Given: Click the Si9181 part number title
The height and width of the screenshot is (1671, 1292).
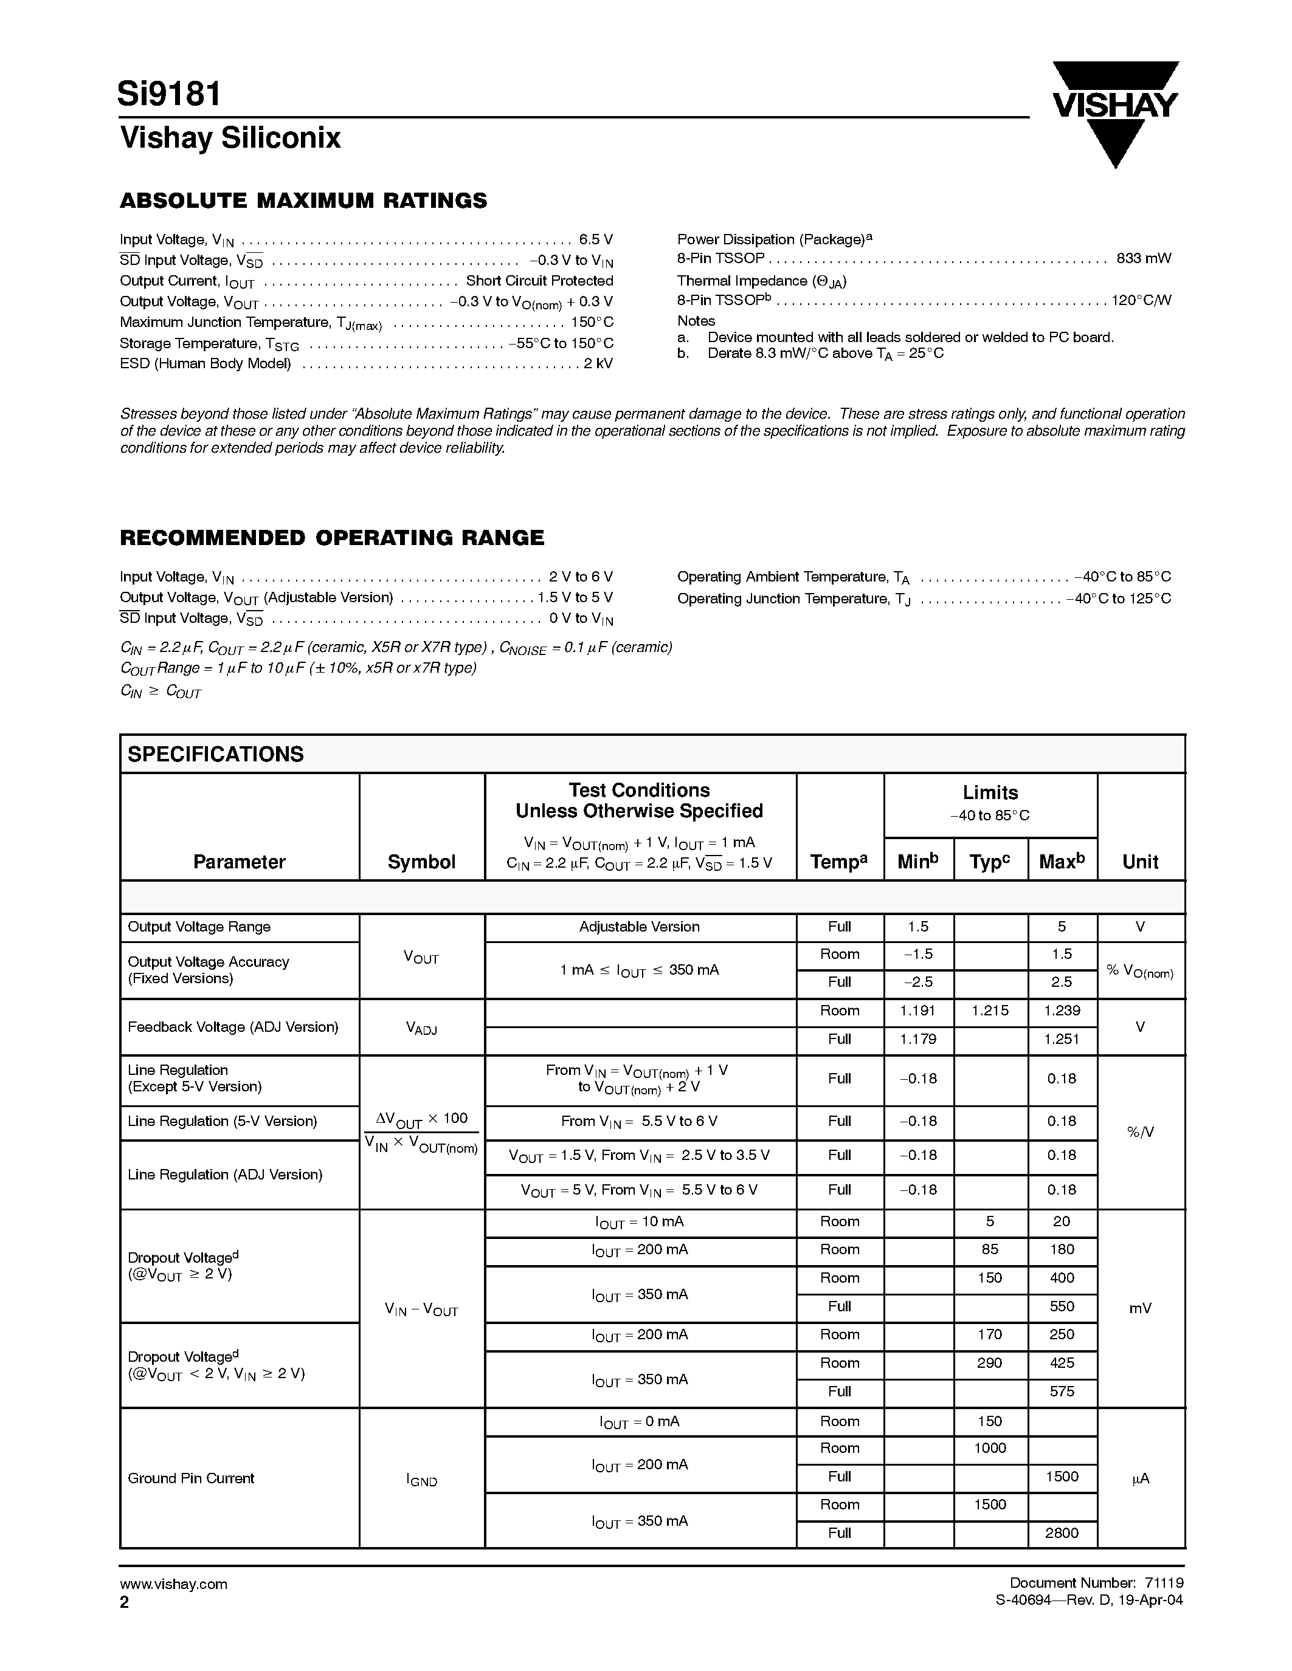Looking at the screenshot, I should (170, 94).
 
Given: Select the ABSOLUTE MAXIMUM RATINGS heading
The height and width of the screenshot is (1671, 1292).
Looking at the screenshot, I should (303, 201).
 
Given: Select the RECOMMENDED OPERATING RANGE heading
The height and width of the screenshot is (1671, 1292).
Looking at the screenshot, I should (332, 538).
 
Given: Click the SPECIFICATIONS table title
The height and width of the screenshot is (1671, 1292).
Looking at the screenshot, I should (215, 755).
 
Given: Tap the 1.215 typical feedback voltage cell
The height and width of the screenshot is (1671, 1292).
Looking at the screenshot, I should (990, 1010).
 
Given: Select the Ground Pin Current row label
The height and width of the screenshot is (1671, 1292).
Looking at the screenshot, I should (190, 1478).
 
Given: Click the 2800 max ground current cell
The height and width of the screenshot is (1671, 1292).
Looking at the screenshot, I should (1062, 1532).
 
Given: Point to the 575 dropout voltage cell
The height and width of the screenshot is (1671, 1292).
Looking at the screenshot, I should (1062, 1391).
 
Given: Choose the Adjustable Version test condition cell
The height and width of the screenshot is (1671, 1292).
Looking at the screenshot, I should (639, 927).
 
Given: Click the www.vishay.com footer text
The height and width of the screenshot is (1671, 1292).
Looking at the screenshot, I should (173, 1584).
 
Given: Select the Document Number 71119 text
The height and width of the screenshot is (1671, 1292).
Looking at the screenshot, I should (1096, 1582).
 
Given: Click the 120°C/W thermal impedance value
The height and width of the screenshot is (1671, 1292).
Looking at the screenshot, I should (1141, 301).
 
